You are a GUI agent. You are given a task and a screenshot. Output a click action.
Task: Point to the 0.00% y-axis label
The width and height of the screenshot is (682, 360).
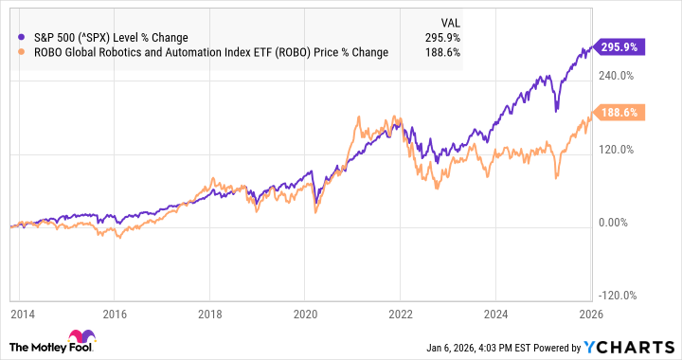pyautogui.click(x=613, y=223)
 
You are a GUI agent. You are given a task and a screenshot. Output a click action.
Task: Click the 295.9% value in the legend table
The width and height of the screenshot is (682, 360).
pyautogui.click(x=439, y=38)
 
